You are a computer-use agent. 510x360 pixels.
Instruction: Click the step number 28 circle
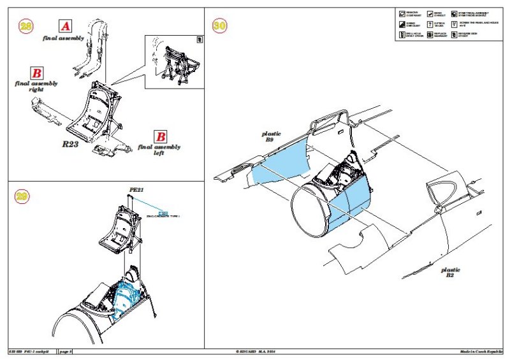coord(26,26)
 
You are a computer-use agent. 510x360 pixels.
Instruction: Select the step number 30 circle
coord(219,26)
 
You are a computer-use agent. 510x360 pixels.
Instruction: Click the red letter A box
coord(65,26)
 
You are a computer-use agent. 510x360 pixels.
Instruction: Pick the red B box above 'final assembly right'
coord(38,73)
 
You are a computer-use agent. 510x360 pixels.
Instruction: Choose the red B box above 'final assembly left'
coord(161,136)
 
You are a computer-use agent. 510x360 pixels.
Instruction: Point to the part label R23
coord(70,145)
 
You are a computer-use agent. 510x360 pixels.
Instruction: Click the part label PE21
coord(136,189)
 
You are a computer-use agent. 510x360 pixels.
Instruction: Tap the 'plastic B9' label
coord(271,138)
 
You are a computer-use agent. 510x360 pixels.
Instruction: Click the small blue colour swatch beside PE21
coord(163,212)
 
